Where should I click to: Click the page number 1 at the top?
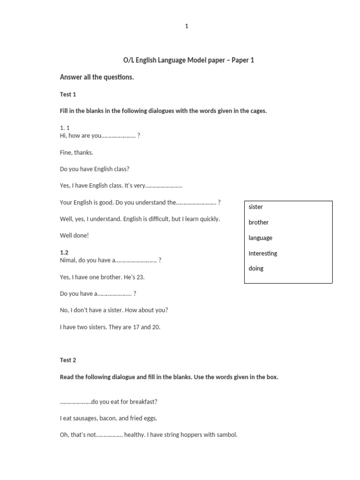pos(187,26)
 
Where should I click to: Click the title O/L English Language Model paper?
pos(188,60)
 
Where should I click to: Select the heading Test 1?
pos(68,94)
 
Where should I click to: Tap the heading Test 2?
pos(68,360)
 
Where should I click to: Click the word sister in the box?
pos(256,207)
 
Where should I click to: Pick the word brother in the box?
pos(259,222)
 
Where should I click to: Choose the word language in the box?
pos(261,238)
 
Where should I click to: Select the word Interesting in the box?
pos(263,253)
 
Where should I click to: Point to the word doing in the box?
pos(256,268)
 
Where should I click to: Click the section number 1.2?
pos(64,252)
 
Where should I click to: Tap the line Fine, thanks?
pos(76,152)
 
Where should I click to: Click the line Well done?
pos(74,235)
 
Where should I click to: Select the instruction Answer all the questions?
pos(97,77)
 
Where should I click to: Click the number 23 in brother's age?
pos(140,277)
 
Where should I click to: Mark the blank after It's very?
pos(164,186)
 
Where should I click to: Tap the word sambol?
pos(227,435)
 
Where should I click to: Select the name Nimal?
pos(68,260)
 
